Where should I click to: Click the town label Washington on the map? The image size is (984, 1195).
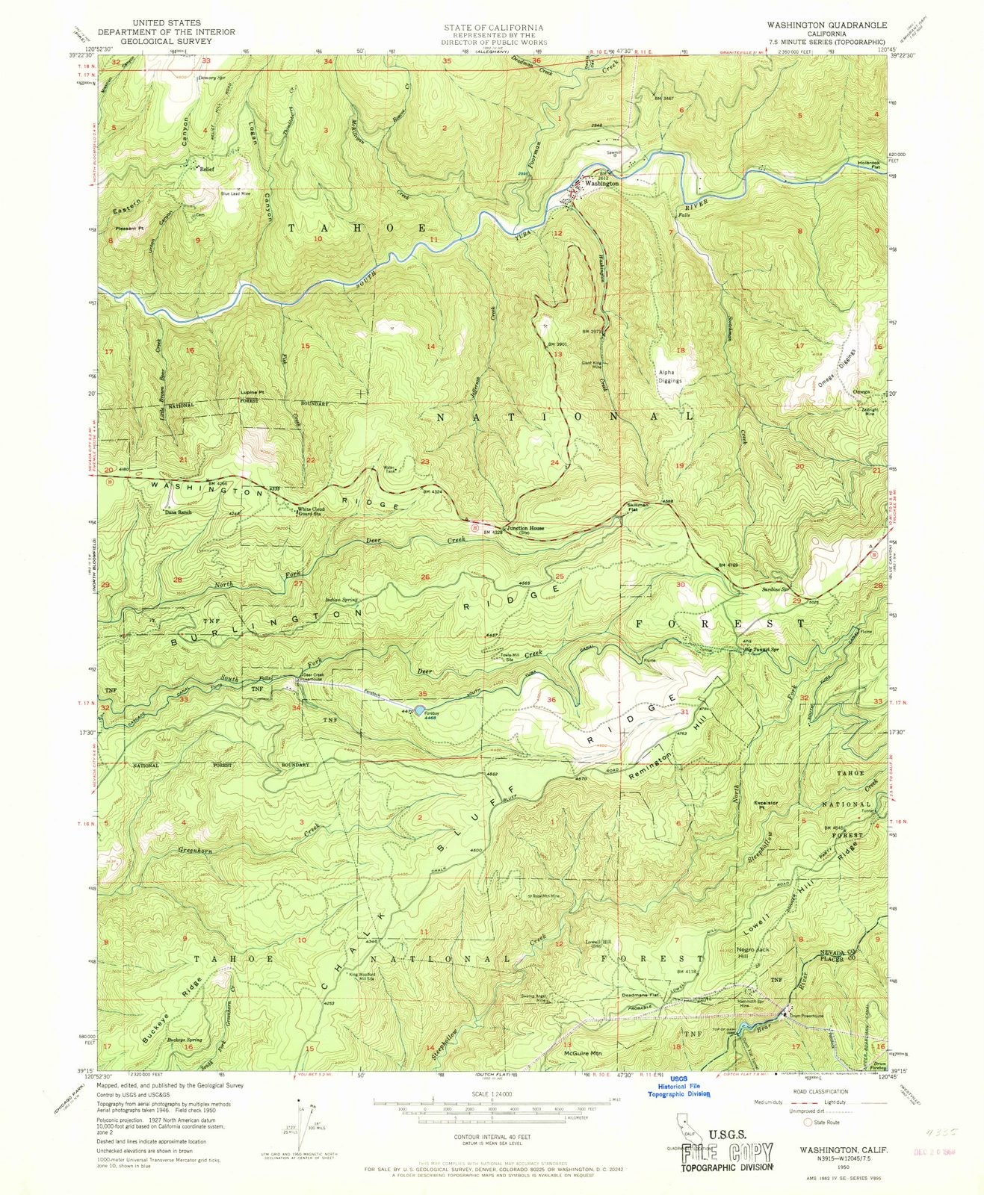click(x=601, y=183)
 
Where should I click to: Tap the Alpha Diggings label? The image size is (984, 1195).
click(x=669, y=376)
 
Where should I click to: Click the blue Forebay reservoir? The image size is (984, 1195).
click(x=421, y=709)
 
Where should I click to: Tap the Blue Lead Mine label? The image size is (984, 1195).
click(x=235, y=194)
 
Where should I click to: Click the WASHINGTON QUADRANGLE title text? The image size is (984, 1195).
click(x=835, y=25)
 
